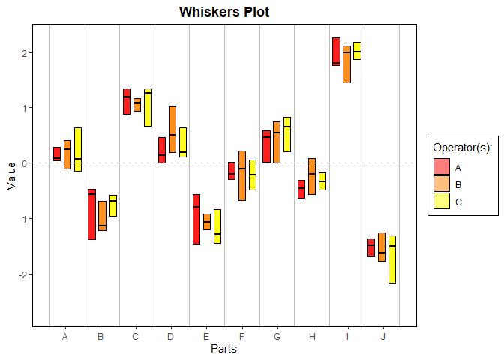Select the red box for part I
337,52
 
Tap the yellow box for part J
392,259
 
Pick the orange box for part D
172,129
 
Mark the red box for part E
196,219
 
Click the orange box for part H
312,176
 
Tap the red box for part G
267,146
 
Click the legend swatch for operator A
442,167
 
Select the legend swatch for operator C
442,202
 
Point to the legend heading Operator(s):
463,149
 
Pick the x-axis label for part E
205,337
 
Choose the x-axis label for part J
383,337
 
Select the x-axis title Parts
224,349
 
